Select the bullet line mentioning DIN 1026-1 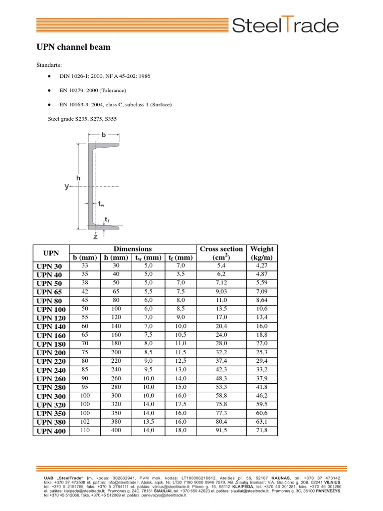pos(105,76)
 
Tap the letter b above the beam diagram pos(104,135)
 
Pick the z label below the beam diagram pos(95,236)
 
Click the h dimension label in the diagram pos(78,177)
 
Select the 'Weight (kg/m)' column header pos(262,253)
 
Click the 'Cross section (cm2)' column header pos(221,253)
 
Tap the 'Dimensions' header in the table pos(132,249)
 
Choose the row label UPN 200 pos(51,352)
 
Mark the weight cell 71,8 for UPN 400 pos(262,430)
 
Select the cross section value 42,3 pos(221,370)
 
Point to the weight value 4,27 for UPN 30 pos(262,266)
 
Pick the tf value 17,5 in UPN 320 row pos(181,404)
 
